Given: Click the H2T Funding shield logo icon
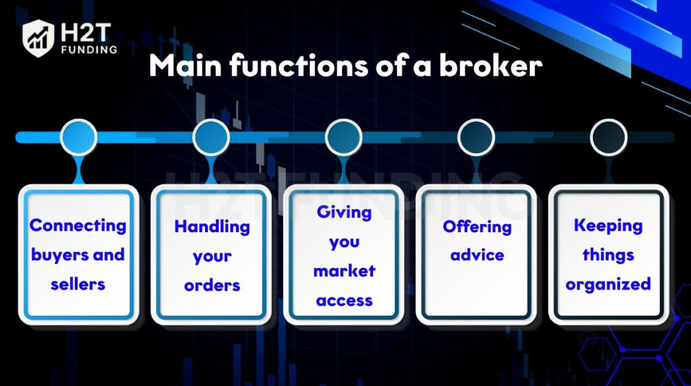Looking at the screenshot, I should pos(38,37).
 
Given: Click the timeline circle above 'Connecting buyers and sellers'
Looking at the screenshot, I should pos(78,138).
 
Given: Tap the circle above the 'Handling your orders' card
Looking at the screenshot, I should pos(211,138).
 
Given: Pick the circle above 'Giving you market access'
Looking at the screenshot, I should pos(343,138).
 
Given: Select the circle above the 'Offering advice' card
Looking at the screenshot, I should pos(476,138).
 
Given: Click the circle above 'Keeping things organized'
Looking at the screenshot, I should pos(609,138).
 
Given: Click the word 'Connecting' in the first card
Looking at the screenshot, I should pos(78,225).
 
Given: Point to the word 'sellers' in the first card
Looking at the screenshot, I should pos(78,283).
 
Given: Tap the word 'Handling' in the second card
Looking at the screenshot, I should pos(211,227).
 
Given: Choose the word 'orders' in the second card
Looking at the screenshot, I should pos(211,285).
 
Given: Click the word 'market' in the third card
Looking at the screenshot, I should pos(343,271).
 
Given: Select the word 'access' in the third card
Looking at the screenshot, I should pos(343,300).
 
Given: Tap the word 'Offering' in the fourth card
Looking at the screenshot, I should pos(476,226).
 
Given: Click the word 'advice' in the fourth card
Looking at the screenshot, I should pos(476,255).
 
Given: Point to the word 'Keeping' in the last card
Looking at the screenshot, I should pos(609,225).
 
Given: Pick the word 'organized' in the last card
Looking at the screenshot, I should pos(609,284).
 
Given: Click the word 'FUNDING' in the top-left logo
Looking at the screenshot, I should pos(87,49).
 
